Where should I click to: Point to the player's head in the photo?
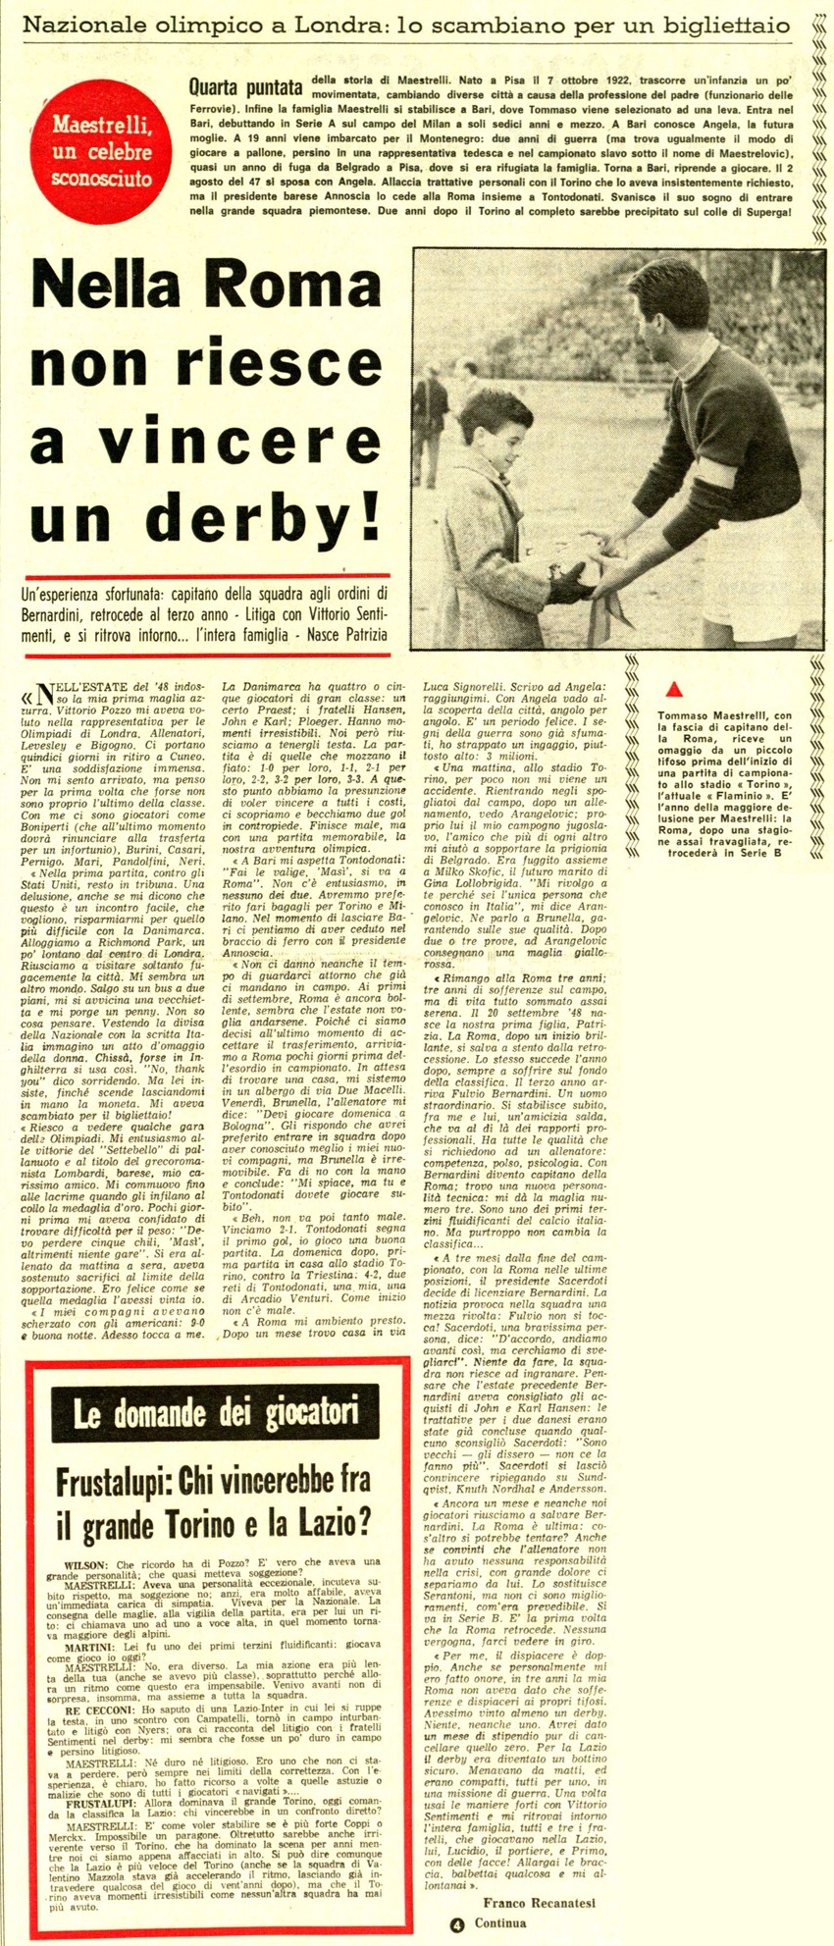click(677, 294)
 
